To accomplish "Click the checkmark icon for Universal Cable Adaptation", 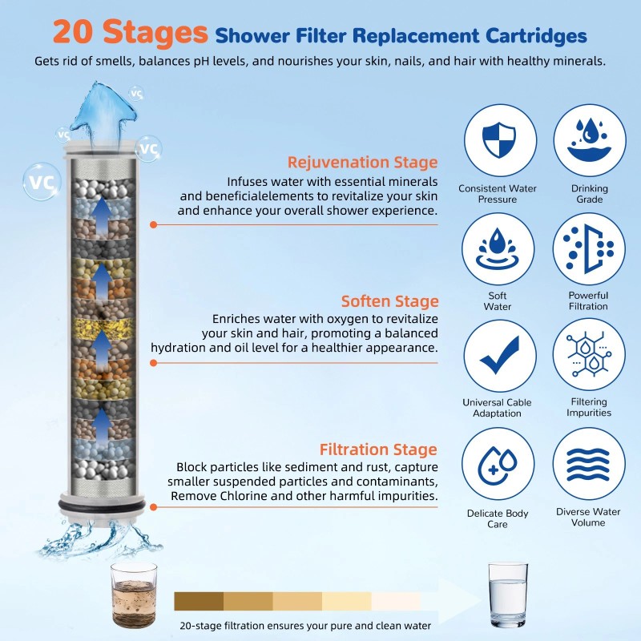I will [x=498, y=355].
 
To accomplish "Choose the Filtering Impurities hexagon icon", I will [x=589, y=355].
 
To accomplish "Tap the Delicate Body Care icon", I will [x=498, y=464].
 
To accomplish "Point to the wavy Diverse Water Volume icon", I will [x=589, y=464].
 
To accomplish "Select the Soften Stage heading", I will [x=389, y=301].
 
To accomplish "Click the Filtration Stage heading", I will [x=378, y=449].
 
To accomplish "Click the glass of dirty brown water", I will [x=134, y=590].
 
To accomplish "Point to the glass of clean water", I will [x=508, y=591].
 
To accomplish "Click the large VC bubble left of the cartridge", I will [x=41, y=179].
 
